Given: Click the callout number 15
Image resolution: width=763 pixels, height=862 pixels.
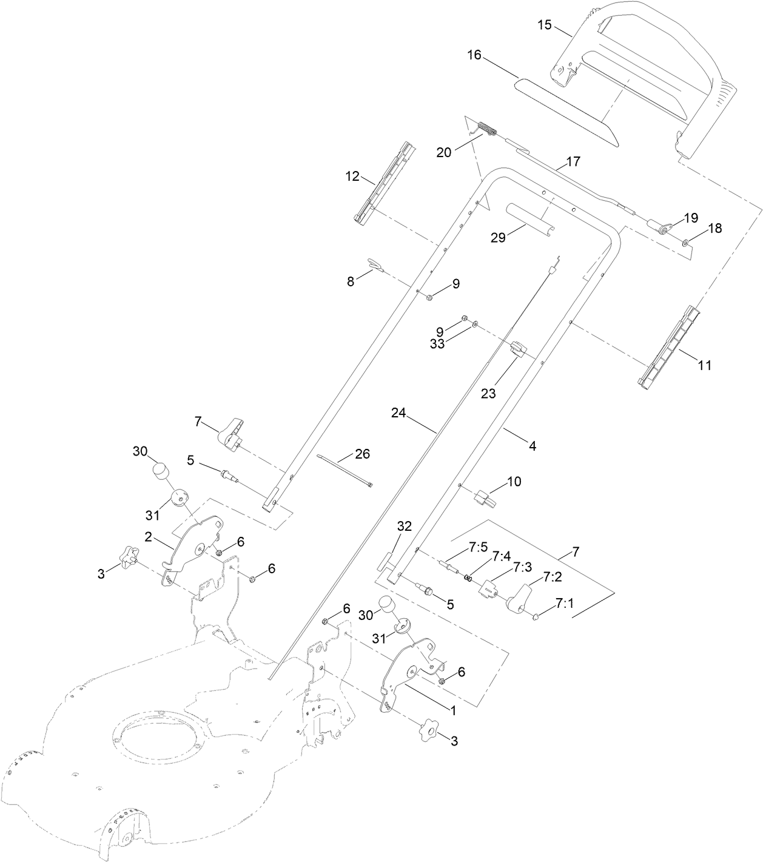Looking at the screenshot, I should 544,25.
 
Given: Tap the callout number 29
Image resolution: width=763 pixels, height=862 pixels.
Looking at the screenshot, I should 497,238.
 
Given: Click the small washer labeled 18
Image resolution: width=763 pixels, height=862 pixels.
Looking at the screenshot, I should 685,243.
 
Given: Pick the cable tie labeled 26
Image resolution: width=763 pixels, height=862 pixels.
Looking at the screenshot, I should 344,473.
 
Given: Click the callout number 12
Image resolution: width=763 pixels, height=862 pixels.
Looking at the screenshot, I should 352,177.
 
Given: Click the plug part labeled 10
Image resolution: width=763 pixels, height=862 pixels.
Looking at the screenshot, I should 485,499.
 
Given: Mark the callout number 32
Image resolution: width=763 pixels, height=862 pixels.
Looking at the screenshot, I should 405,527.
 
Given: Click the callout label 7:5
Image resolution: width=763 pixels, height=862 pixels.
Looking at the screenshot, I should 478,547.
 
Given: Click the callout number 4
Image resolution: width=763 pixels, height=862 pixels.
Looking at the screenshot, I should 533,446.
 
